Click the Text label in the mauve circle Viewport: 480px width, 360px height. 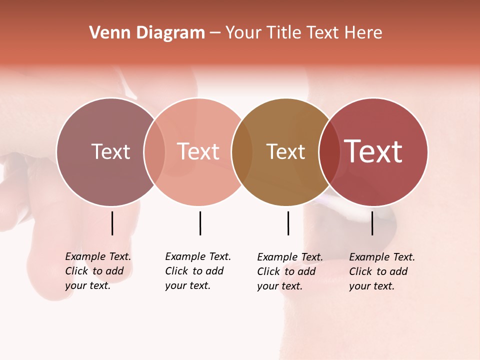[x=110, y=151]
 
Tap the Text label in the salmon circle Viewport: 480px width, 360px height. [x=198, y=151]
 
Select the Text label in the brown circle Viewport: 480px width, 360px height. [x=285, y=151]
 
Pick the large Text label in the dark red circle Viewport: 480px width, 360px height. [x=373, y=151]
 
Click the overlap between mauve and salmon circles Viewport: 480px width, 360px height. [x=154, y=151]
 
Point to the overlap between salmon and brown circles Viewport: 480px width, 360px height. [x=242, y=151]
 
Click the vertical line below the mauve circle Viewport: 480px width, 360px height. [x=112, y=223]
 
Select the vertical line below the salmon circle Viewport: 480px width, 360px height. [x=200, y=223]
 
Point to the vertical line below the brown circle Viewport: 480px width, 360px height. [x=288, y=223]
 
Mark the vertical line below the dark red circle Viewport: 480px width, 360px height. [x=372, y=223]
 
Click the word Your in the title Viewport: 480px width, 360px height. [x=242, y=33]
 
